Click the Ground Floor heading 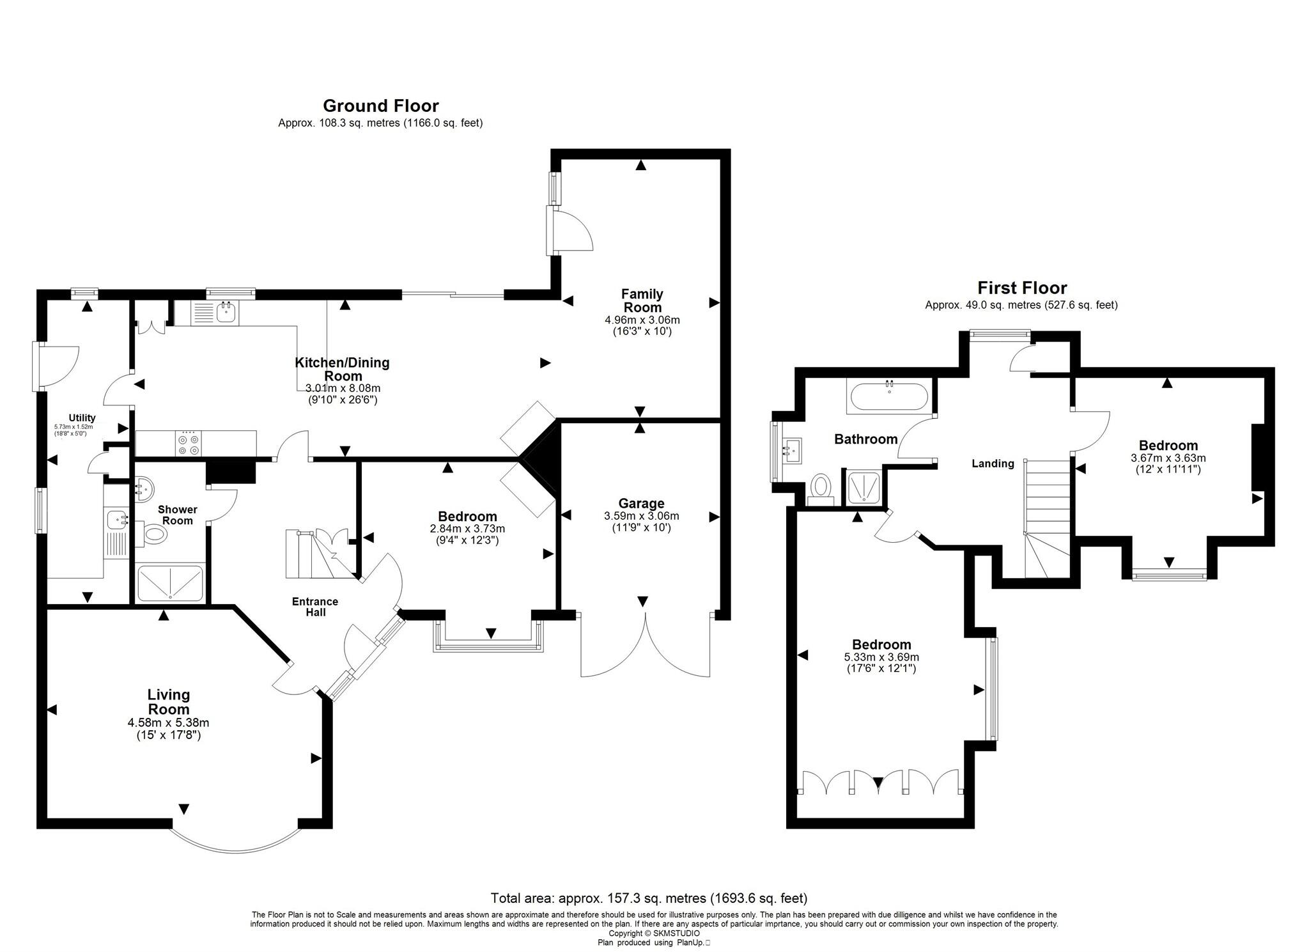click(x=380, y=105)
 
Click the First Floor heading click(x=1022, y=288)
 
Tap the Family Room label click(x=642, y=300)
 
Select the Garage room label click(x=641, y=504)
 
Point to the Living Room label click(x=169, y=702)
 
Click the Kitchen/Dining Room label click(x=342, y=369)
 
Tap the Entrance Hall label click(x=315, y=607)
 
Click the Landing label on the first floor click(x=993, y=464)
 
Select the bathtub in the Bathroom click(x=888, y=396)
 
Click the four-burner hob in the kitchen click(x=189, y=444)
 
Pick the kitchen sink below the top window click(x=215, y=313)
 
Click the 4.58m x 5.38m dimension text click(x=169, y=723)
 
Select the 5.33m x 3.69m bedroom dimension click(x=881, y=657)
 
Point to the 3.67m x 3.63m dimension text click(x=1168, y=458)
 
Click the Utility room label click(x=82, y=418)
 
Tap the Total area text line click(x=649, y=898)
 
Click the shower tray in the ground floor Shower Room click(x=171, y=583)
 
